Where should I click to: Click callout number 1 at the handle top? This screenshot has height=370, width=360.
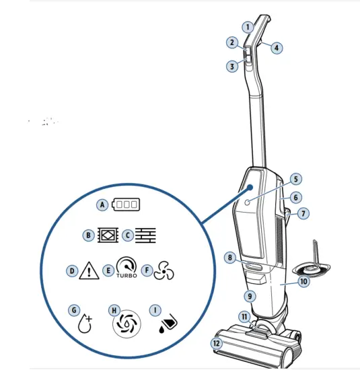coord(248,28)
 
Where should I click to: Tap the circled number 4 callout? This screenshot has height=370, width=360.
coord(277,48)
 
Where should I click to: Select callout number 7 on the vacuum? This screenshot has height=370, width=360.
coord(303,213)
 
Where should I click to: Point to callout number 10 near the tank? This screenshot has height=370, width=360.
coord(303,282)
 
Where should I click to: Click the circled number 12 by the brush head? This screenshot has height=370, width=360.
coord(216,343)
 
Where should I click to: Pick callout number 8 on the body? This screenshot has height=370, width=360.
coord(230,257)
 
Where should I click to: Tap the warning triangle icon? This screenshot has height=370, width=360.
coord(89,271)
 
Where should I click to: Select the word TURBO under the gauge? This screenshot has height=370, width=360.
coord(125,276)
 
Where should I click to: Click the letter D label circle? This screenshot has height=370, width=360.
coord(71,270)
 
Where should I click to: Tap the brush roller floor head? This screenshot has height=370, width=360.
coord(256,346)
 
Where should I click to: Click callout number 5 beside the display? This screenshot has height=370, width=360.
coord(295,180)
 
